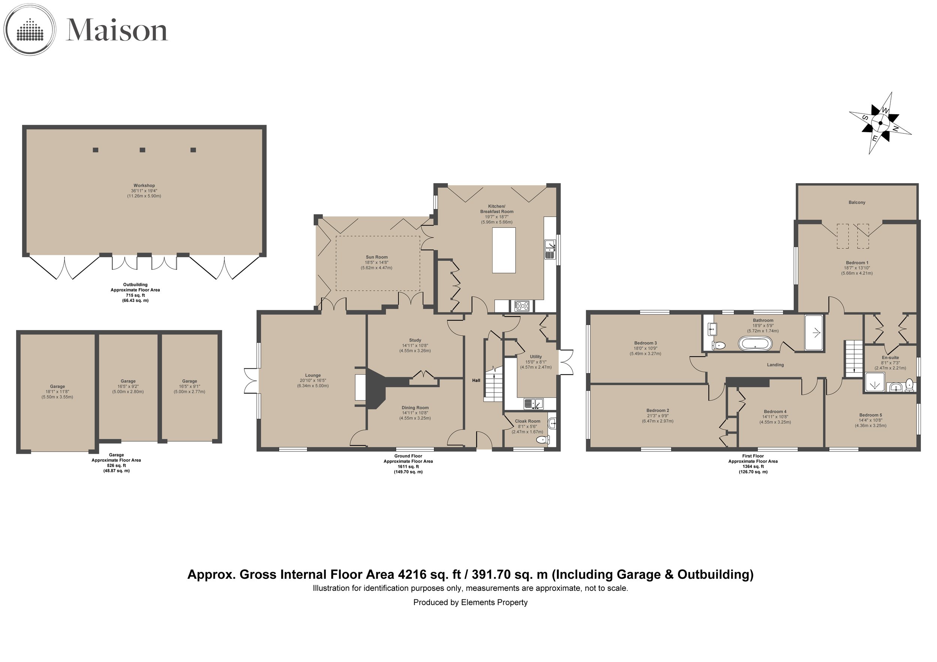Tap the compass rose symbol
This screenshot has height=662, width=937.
pyautogui.click(x=880, y=123)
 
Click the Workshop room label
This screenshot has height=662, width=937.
pyautogui.click(x=144, y=185)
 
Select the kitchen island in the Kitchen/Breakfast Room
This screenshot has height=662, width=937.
pyautogui.click(x=504, y=250)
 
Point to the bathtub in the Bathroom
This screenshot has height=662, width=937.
pyautogui.click(x=755, y=344)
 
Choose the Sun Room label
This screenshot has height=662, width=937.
pyautogui.click(x=376, y=257)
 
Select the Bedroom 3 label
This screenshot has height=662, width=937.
pyautogui.click(x=645, y=343)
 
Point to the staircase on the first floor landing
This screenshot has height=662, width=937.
pyautogui.click(x=854, y=359)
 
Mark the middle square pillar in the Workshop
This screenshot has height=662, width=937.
pyautogui.click(x=142, y=150)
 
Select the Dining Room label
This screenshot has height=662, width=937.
pyautogui.click(x=415, y=408)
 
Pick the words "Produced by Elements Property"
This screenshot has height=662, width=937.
pyautogui.click(x=470, y=602)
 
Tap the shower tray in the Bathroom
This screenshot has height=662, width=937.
pyautogui.click(x=814, y=332)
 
